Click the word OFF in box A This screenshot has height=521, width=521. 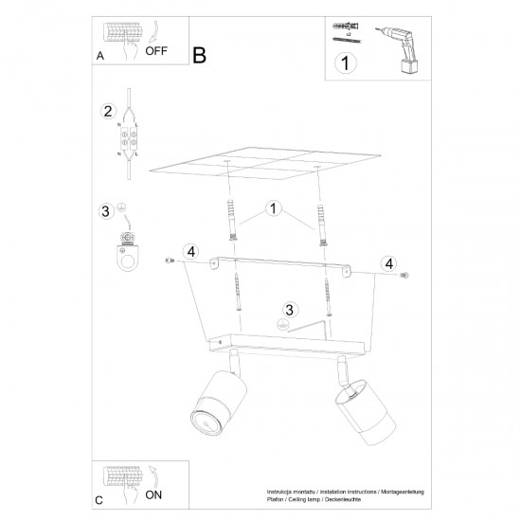(x=155, y=54)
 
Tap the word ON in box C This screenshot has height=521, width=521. (x=153, y=494)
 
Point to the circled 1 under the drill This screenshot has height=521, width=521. (x=345, y=65)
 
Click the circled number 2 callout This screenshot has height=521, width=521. (x=108, y=112)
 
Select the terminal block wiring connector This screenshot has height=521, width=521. (x=126, y=140)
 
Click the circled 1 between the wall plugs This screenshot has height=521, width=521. (x=273, y=207)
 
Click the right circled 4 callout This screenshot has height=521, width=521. (x=388, y=262)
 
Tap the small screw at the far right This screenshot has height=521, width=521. (x=406, y=274)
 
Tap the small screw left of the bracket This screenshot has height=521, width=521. (x=169, y=260)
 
